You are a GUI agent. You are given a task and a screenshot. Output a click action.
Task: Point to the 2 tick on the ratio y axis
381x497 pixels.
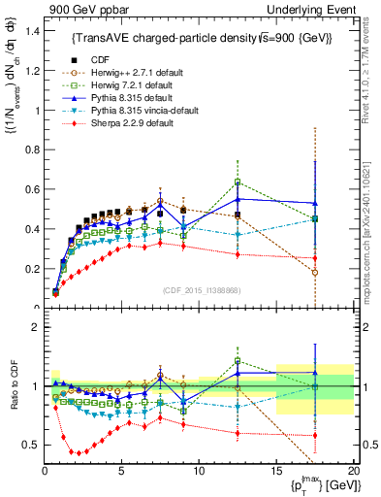(35, 327)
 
